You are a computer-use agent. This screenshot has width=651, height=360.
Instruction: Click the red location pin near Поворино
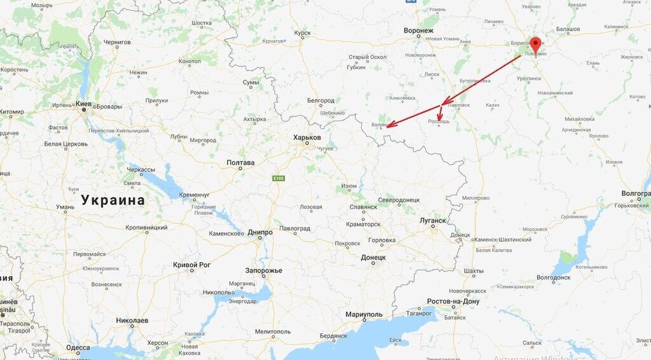click(x=535, y=45)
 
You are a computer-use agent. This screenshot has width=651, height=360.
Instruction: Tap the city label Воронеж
click(x=418, y=31)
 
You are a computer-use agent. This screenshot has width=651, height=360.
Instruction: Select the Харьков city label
click(x=307, y=138)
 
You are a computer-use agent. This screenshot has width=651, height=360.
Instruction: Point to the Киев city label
click(x=83, y=103)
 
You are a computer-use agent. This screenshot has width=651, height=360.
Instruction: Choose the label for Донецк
click(x=373, y=258)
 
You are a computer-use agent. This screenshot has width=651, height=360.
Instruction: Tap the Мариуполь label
click(x=364, y=315)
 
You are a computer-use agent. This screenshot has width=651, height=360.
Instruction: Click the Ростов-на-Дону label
click(x=454, y=301)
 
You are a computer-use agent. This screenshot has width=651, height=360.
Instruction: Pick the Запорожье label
click(x=264, y=271)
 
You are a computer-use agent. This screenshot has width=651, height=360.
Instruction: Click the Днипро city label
click(x=260, y=233)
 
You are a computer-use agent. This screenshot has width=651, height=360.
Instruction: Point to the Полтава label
click(x=240, y=163)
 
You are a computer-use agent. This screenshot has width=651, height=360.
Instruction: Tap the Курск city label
click(x=303, y=33)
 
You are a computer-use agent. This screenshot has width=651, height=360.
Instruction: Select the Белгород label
click(x=321, y=100)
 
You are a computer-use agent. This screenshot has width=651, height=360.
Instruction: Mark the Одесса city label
click(x=78, y=348)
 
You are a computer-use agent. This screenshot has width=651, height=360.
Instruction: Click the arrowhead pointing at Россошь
click(x=439, y=117)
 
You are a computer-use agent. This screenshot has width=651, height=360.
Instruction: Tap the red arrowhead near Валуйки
click(x=390, y=125)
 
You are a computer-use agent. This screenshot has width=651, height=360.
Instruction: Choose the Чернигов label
click(x=117, y=42)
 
